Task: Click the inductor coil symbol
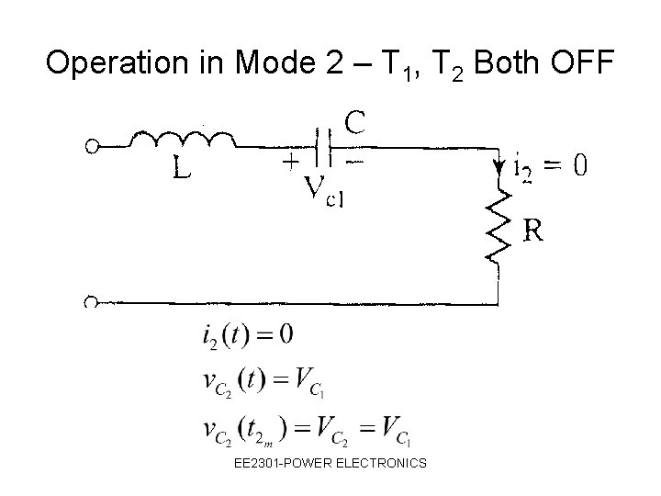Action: (184, 141)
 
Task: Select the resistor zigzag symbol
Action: (498, 225)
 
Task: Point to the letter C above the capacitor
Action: (357, 120)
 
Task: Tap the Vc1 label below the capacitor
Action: (322, 190)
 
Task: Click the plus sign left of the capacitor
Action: (289, 162)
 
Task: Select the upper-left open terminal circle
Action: (92, 145)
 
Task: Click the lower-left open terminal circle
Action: (92, 302)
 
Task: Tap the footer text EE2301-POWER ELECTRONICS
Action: (330, 463)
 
